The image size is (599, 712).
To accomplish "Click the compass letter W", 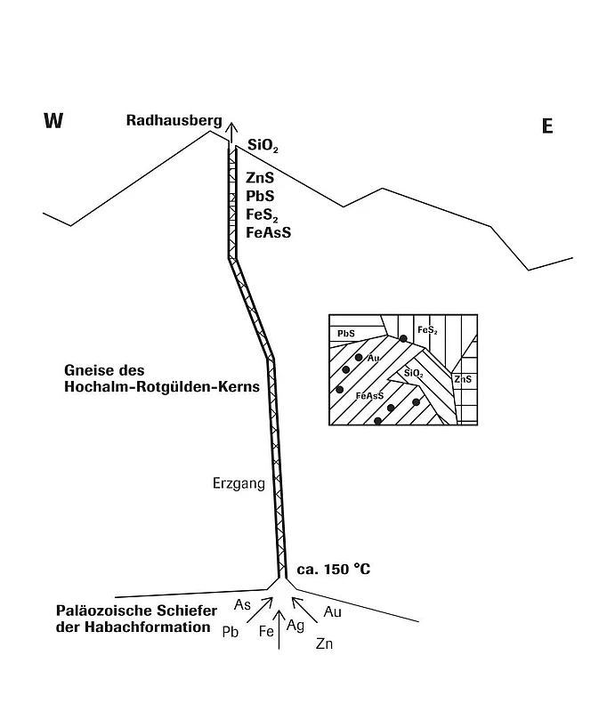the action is coord(53,121).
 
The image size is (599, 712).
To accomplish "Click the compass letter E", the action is coord(547,125).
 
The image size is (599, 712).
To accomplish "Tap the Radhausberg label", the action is coord(174,121).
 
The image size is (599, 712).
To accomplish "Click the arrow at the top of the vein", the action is coord(232,133).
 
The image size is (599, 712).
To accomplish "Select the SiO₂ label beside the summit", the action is coord(263,145).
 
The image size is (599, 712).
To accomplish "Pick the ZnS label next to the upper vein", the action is coord(260,177).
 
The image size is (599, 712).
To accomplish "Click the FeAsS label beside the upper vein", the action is coord(269,232).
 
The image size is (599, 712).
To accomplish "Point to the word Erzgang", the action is coord(239,483).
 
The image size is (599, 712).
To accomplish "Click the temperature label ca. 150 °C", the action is coord(334,569).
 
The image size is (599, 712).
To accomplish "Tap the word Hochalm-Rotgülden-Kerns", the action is coord(162,387).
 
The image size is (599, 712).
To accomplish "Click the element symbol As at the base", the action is coord(242,605).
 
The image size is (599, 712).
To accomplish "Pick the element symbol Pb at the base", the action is coord(231,632).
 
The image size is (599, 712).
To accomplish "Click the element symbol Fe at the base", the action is coord(266,631).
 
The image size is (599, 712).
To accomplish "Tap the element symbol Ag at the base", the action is coord(295,626).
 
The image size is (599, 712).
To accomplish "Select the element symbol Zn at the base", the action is coord(324,643).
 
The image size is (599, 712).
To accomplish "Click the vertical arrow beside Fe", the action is coord(279,630).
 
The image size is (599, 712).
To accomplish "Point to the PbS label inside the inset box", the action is coord(346,334).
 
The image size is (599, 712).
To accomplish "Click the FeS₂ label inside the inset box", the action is coord(427,330).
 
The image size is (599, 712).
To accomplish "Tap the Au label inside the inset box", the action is coord(373,358).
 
